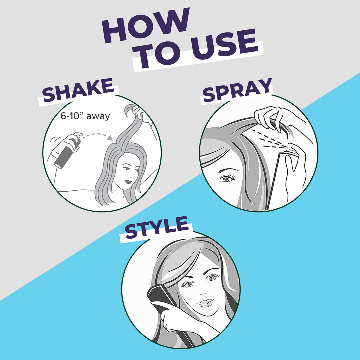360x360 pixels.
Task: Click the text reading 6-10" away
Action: point(85,117)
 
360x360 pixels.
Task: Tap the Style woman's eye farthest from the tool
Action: point(213,277)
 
